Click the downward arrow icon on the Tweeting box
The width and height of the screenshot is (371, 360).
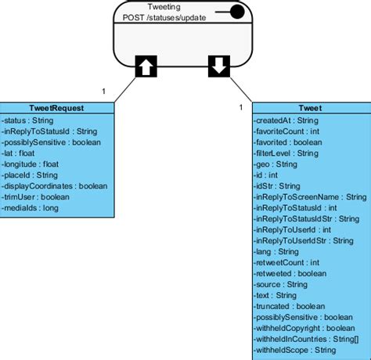pyautogui.click(x=219, y=67)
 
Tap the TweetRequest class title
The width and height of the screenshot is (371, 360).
pyautogui.click(x=58, y=108)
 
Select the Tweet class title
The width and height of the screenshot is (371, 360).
pyautogui.click(x=312, y=108)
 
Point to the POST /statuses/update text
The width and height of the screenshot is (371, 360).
pyautogui.click(x=164, y=17)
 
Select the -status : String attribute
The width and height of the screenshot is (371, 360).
pyautogui.click(x=28, y=121)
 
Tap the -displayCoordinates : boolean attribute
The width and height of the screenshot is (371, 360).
pyautogui.click(x=55, y=186)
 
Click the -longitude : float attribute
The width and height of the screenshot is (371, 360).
pyautogui.click(x=31, y=164)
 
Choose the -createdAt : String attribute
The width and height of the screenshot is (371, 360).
pyautogui.click(x=286, y=121)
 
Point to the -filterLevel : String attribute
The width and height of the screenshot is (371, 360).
pyautogui.click(x=286, y=153)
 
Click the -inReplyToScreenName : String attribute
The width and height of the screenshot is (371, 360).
pyautogui.click(x=310, y=197)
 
